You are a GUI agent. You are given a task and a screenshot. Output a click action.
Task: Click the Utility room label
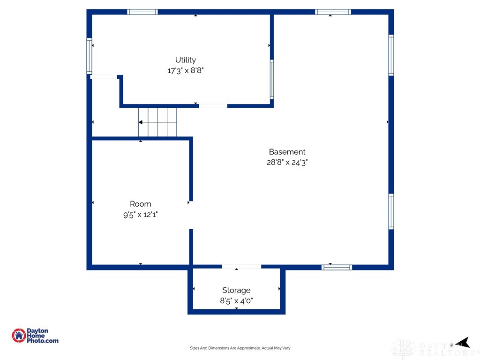point(186,60)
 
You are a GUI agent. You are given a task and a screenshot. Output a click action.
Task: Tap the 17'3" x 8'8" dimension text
point(186,71)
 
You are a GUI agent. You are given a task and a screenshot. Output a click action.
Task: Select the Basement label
point(287,152)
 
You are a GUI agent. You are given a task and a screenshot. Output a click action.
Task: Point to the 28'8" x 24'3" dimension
point(287,163)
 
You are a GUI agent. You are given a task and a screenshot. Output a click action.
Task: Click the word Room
point(141,204)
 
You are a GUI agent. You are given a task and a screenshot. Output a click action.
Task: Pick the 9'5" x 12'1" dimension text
point(141,215)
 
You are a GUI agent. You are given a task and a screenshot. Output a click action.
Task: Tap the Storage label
point(236,290)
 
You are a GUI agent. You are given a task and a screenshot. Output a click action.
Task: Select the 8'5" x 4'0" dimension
point(236,301)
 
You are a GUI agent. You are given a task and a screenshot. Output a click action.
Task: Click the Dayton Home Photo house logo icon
point(19,336)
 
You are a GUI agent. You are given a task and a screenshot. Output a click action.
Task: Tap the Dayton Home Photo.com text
point(42,336)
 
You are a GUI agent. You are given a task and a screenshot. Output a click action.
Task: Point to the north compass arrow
point(463,343)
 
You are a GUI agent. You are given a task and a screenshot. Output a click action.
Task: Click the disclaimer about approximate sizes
point(240,348)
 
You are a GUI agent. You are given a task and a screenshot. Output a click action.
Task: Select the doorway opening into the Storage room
point(241,267)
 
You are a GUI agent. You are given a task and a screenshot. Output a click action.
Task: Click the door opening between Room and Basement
point(191,215)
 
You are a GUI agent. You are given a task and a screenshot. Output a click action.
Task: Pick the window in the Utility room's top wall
point(142,12)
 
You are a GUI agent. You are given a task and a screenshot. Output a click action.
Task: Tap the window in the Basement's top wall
point(333,12)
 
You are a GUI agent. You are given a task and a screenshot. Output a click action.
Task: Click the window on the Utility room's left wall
point(90,56)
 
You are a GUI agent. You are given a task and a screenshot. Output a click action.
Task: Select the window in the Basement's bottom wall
point(337,267)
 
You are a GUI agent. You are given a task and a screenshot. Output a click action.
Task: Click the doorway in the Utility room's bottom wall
point(213,106)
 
